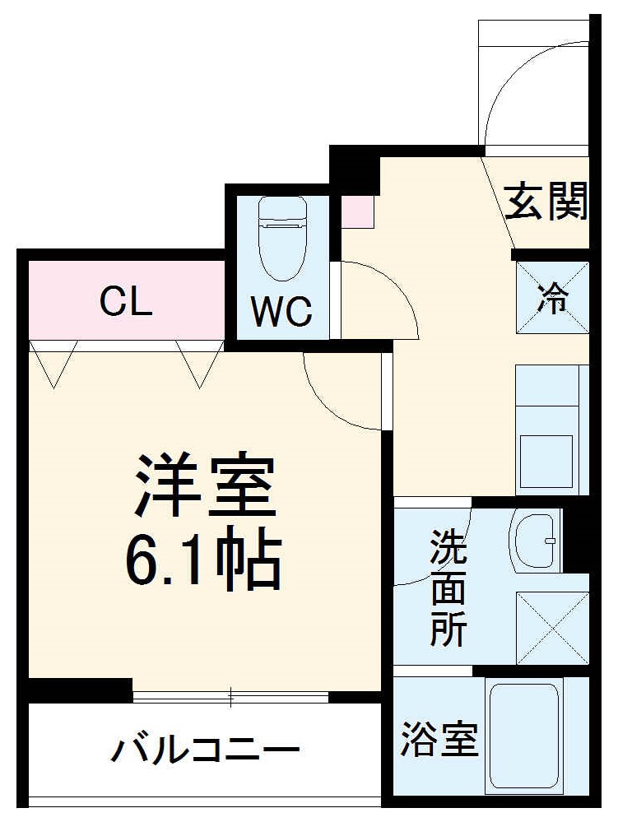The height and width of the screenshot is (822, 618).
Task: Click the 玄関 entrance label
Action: click(x=546, y=201)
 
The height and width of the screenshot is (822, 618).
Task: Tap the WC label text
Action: click(x=281, y=311)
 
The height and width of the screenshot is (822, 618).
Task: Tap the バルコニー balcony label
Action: click(x=205, y=750)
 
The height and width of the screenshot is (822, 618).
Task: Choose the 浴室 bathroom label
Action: click(x=439, y=738)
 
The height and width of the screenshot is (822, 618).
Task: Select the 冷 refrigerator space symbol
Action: click(x=552, y=298)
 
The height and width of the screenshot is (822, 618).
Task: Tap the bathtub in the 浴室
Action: click(x=524, y=736)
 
